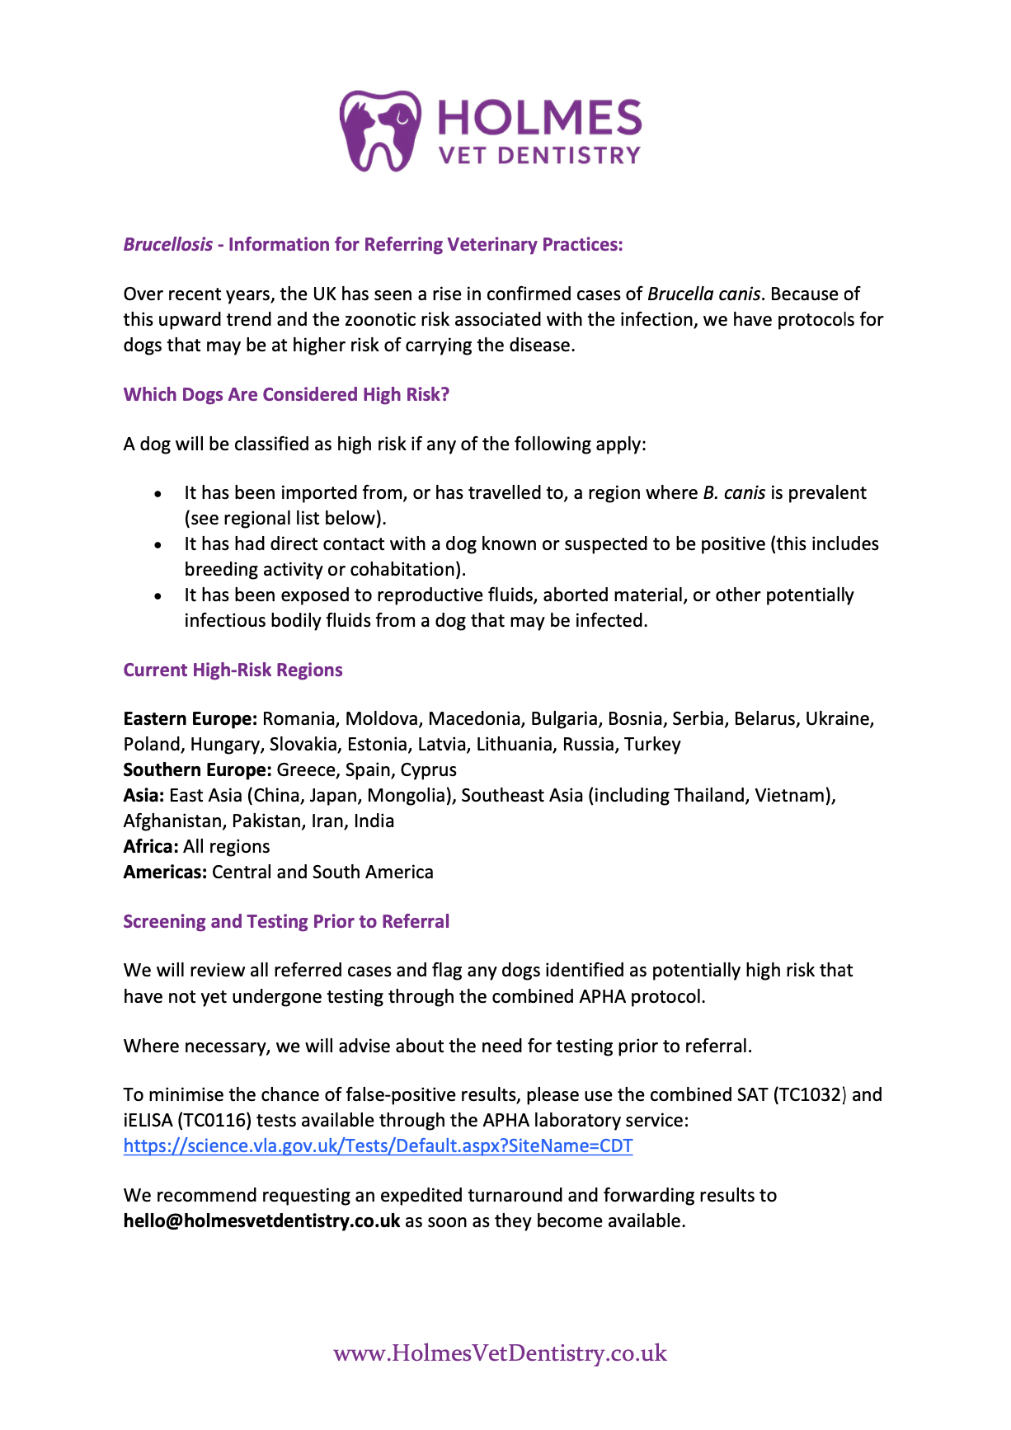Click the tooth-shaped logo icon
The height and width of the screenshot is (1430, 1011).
tap(380, 131)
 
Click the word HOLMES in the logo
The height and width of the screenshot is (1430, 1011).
tap(539, 118)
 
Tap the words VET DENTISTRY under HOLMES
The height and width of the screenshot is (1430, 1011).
tap(539, 156)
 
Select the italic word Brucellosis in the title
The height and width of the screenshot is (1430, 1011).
tap(168, 245)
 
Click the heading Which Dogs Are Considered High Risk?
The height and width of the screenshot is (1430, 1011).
tap(286, 395)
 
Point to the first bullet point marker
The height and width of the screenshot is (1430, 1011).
tap(158, 494)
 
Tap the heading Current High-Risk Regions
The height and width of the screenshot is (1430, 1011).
tap(233, 670)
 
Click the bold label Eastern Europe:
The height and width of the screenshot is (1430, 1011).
tap(190, 719)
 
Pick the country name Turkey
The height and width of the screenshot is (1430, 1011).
tap(652, 745)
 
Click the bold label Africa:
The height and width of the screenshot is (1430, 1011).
tap(151, 847)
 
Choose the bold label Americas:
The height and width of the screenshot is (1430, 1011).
tap(165, 873)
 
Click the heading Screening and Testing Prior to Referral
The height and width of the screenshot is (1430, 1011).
tap(286, 922)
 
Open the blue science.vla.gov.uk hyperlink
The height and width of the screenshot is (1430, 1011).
tap(378, 1146)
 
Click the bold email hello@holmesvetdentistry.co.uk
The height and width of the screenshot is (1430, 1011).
tap(261, 1221)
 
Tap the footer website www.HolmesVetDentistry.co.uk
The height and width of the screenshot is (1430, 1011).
tap(500, 1353)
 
